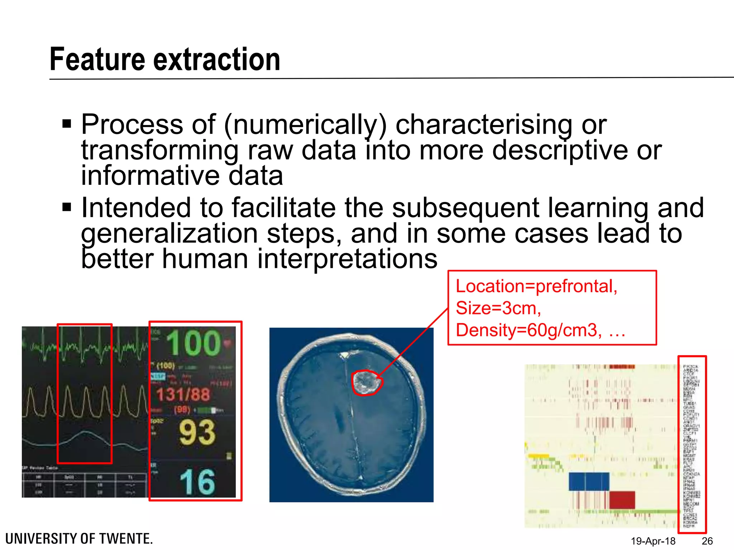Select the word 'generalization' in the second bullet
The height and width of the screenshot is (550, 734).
point(169,234)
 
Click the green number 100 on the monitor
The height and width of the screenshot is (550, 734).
point(194,343)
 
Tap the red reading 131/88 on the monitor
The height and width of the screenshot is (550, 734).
point(183,395)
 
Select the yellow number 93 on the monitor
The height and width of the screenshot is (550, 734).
point(197,433)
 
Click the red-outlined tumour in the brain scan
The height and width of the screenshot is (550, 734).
point(366,382)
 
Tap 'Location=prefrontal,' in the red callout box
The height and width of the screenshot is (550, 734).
point(536,286)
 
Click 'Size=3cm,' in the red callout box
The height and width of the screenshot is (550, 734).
point(498,308)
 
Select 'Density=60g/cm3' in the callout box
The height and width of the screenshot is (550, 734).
point(528,330)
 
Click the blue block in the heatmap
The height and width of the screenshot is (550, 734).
point(589,482)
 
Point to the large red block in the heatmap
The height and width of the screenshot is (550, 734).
point(622,500)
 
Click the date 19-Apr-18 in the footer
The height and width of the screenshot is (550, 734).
point(653,541)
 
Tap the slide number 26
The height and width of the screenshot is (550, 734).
point(707,541)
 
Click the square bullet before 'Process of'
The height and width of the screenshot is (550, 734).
point(67,124)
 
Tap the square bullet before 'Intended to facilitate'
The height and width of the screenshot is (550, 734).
point(67,207)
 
